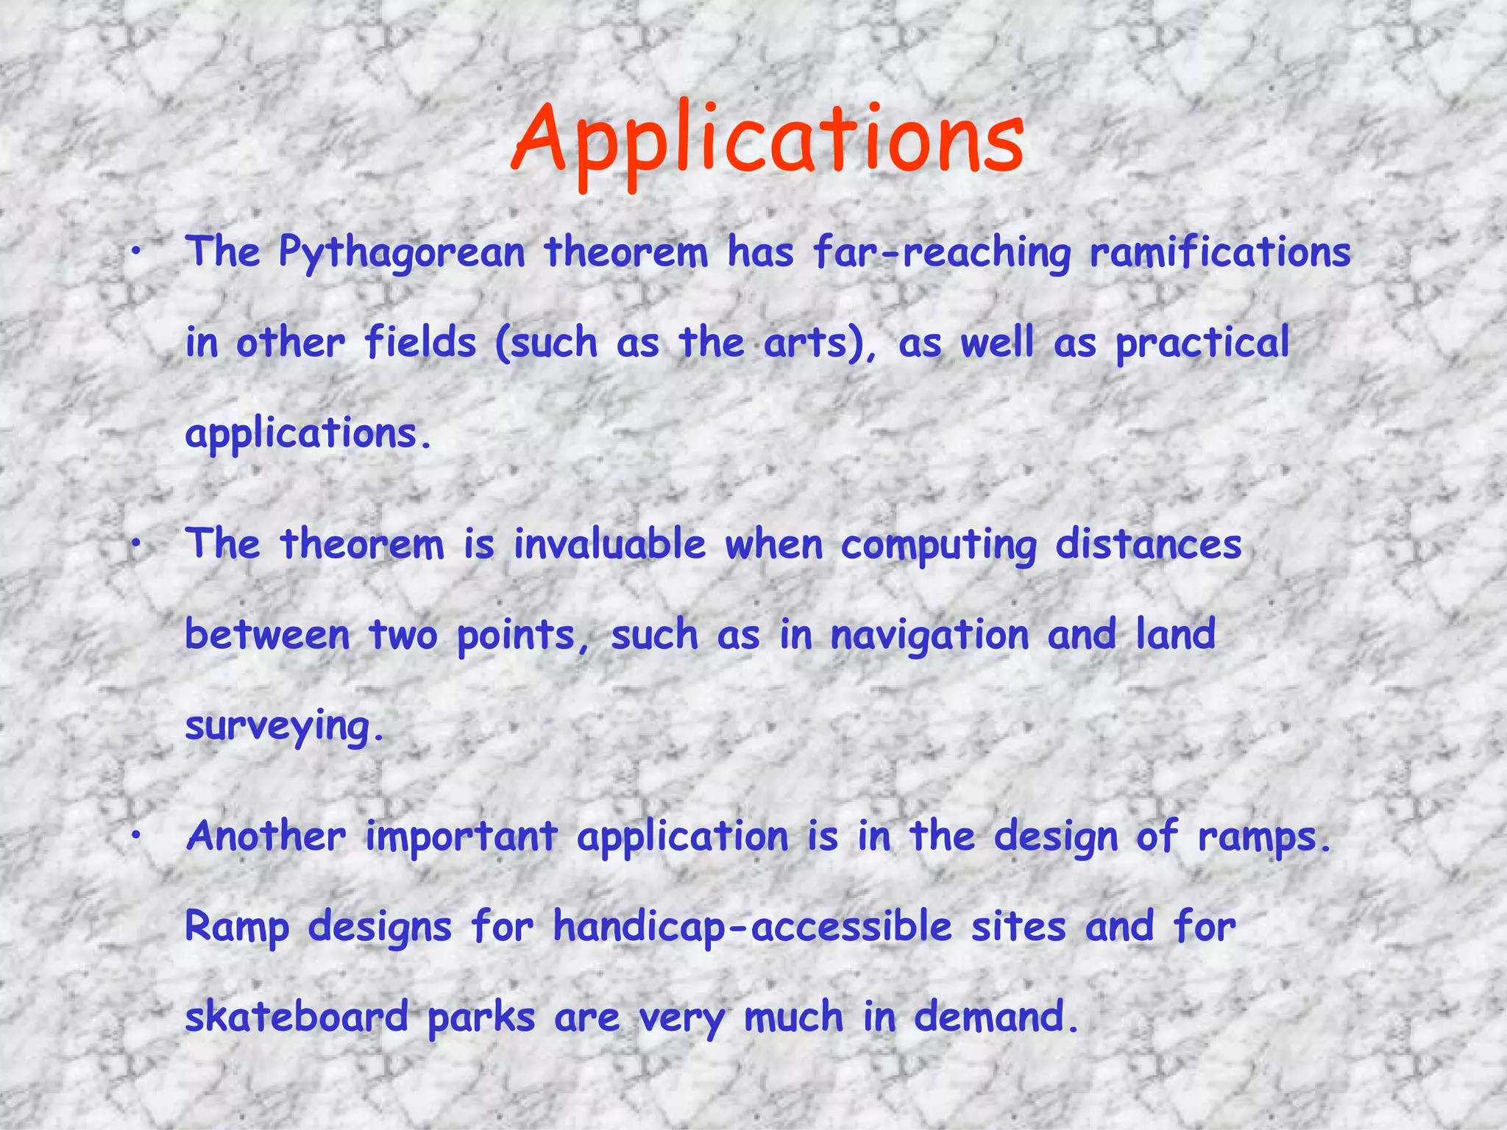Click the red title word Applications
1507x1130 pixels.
[x=767, y=142]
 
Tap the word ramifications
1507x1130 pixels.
[x=1220, y=252]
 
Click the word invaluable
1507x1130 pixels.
[x=609, y=545]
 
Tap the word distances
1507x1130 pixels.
[x=1149, y=545]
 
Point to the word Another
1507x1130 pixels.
[x=266, y=836]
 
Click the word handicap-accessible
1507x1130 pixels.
[x=753, y=928]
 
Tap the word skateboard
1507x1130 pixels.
[x=297, y=1017]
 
